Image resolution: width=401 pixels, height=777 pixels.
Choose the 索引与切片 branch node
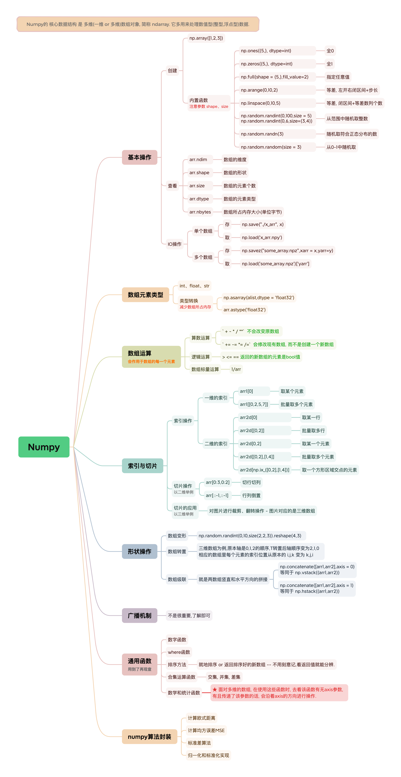[x=142, y=466]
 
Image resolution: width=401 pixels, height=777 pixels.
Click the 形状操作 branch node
[x=139, y=551]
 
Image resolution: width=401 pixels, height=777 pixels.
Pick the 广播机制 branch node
[x=139, y=615]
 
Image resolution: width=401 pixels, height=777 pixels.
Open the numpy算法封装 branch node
[x=149, y=737]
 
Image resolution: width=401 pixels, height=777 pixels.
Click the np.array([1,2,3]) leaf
[x=206, y=38]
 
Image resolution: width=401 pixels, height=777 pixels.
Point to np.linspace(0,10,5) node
[x=260, y=103]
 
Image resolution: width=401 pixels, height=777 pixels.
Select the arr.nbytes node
[x=200, y=212]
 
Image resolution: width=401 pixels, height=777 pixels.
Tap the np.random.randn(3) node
[x=262, y=134]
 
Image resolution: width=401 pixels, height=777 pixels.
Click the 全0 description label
[x=330, y=51]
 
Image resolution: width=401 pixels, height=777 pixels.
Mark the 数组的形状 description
[x=235, y=173]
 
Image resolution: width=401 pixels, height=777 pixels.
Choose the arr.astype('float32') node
[x=244, y=310]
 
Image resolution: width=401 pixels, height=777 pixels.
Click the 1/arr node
[x=236, y=369]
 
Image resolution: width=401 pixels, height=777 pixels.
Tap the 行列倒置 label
[x=251, y=495]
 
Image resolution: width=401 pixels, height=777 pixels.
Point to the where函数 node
[x=179, y=652]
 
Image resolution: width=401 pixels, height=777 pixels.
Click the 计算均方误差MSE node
[x=206, y=730]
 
